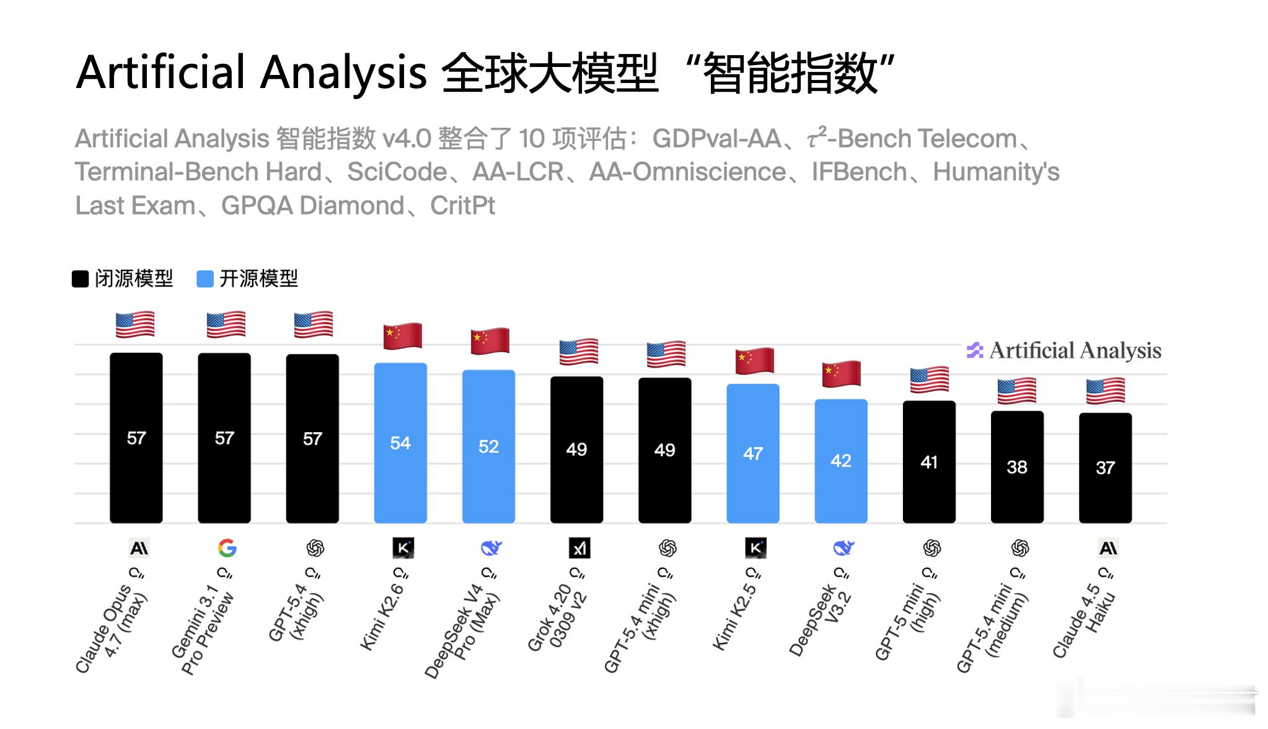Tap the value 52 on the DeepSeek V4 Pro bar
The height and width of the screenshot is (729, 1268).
coord(488,446)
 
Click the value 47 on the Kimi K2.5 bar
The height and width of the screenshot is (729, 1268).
coord(752,454)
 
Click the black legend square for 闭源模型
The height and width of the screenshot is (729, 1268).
coord(81,279)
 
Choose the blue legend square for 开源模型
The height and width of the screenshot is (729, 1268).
coord(205,279)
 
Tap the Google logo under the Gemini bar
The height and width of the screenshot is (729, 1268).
coord(227,548)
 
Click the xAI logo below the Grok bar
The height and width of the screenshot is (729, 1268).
coord(579,548)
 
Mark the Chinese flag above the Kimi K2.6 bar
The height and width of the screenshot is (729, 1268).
coord(402,336)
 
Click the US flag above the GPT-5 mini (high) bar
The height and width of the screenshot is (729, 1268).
coord(929,379)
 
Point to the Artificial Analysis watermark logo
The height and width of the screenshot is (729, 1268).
coord(975,351)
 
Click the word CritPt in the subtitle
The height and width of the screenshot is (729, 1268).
coord(462,206)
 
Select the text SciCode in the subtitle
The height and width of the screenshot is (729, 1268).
coord(397,172)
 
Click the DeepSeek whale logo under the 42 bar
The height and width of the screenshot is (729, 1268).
coord(843,548)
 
